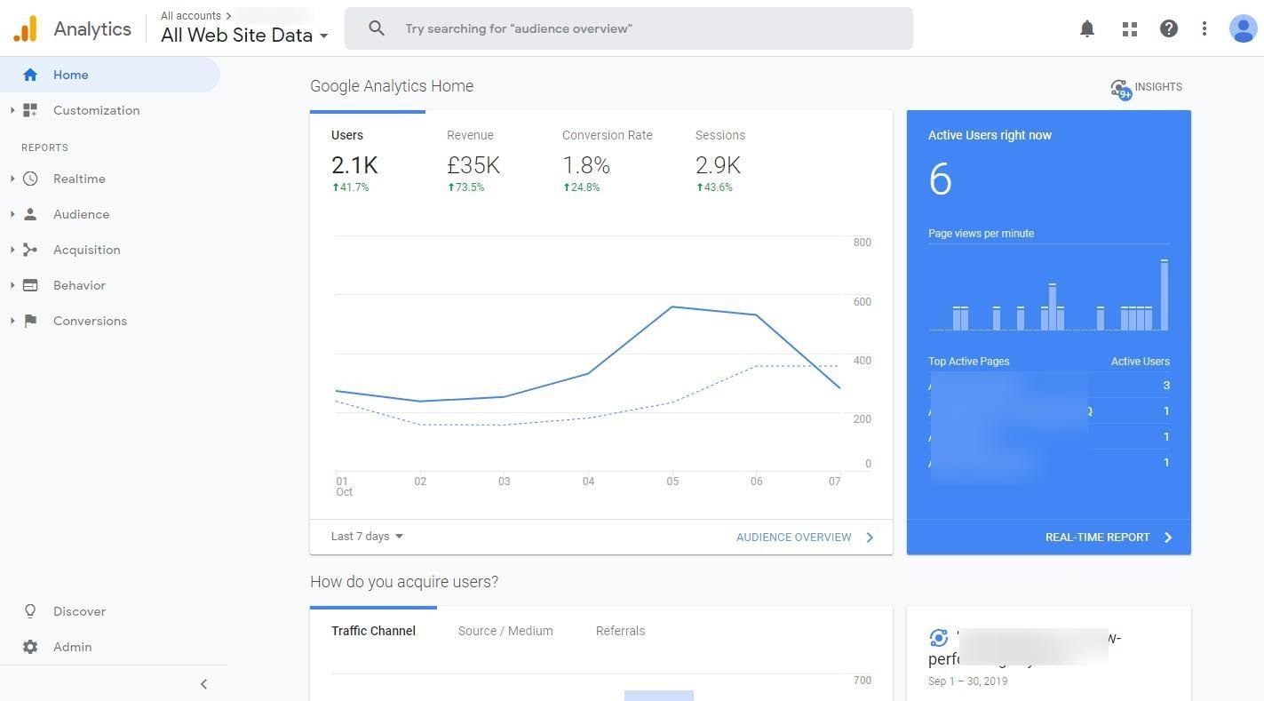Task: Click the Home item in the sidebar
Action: (x=70, y=75)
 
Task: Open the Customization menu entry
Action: (x=96, y=110)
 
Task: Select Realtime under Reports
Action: (x=79, y=179)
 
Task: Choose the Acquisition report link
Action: (x=86, y=250)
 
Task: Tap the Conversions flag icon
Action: (x=30, y=321)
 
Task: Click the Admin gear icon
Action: (x=30, y=647)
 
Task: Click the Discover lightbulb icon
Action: (x=30, y=611)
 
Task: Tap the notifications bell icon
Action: (x=1086, y=28)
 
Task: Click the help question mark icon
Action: (x=1168, y=28)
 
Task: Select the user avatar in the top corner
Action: (x=1242, y=28)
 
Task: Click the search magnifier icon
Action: (x=377, y=28)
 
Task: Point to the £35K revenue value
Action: (x=473, y=165)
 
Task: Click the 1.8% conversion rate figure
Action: (x=586, y=165)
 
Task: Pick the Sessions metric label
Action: (x=719, y=135)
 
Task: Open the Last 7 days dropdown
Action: (x=367, y=537)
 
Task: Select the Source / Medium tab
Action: (x=505, y=631)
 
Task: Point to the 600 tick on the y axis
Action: (x=862, y=302)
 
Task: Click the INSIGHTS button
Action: (x=1147, y=87)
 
